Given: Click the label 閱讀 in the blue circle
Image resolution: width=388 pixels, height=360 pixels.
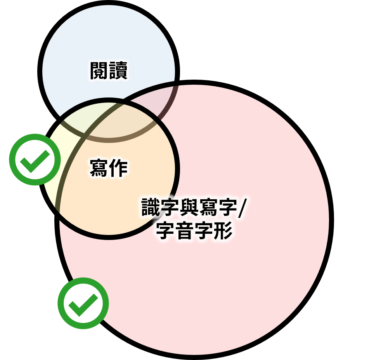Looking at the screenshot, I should coord(109,70).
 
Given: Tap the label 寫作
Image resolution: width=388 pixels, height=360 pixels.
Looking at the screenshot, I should coord(109,168).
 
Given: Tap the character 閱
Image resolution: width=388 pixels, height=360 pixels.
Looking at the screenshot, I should coord(99,70).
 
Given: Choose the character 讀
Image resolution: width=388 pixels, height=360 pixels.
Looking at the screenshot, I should coord(118,70).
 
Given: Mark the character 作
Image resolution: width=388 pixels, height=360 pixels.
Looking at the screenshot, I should coord(118,168).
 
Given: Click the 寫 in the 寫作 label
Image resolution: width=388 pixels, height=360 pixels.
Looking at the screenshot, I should coord(99,168).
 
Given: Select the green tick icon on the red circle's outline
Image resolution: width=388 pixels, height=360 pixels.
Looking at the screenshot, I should coord(83,303).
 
